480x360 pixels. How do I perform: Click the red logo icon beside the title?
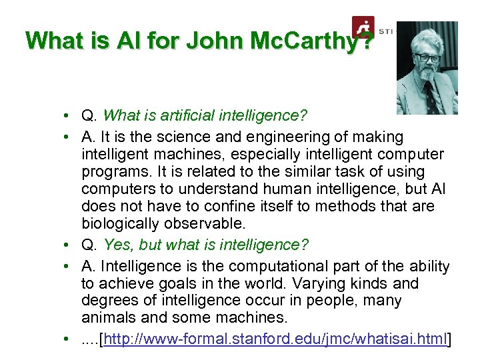coord(363,29)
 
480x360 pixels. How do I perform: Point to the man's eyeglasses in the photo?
coord(427,57)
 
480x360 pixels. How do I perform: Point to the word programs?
coord(113,171)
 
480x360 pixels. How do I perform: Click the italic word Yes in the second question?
coord(119,245)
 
